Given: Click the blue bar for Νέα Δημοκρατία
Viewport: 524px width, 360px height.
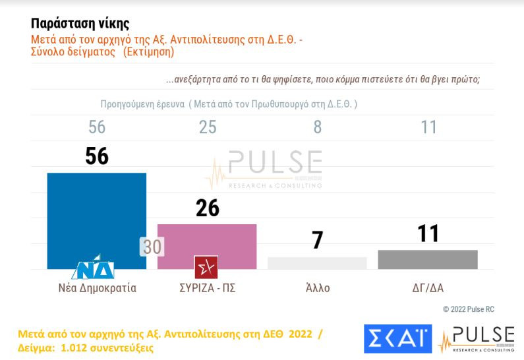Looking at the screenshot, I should click(x=97, y=218).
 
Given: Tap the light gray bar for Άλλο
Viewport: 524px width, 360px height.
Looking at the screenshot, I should click(x=317, y=262).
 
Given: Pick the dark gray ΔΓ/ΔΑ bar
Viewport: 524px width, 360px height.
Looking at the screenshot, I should click(x=428, y=259).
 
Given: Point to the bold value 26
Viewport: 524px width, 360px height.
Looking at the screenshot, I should click(x=207, y=208).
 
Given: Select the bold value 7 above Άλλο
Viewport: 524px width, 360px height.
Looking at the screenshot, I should click(x=317, y=241).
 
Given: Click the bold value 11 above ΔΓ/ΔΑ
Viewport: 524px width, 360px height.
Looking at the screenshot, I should click(x=428, y=234).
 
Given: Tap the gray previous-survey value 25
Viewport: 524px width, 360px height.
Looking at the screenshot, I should click(x=207, y=127).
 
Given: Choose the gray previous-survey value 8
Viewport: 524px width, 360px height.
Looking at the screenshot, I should click(x=317, y=127).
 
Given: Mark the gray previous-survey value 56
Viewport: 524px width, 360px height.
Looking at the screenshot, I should click(x=97, y=127).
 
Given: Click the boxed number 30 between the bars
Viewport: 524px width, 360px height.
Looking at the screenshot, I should click(x=152, y=247).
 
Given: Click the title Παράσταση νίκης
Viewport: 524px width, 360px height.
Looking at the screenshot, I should click(x=76, y=27).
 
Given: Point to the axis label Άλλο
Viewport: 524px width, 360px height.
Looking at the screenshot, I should click(x=317, y=288).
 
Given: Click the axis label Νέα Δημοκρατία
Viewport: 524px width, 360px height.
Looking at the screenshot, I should click(x=97, y=288).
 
